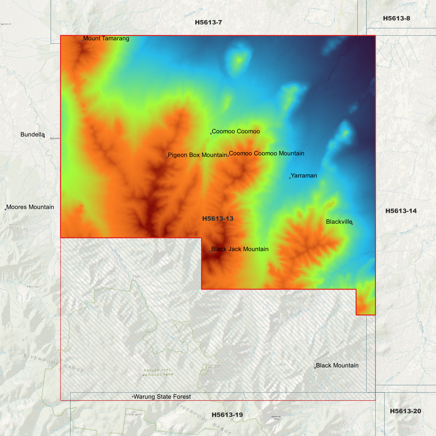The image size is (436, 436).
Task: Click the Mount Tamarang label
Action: tap(106, 39)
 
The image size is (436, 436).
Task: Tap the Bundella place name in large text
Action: tap(32, 135)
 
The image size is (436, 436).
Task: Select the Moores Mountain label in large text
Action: tap(30, 207)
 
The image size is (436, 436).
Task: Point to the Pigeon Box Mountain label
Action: tap(197, 155)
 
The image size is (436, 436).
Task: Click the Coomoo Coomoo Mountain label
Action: tap(266, 153)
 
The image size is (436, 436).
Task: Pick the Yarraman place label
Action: tap(304, 176)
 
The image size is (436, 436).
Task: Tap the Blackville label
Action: tap(339, 222)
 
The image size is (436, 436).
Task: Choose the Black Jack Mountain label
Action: tap(240, 249)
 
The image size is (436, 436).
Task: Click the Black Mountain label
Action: tap(337, 365)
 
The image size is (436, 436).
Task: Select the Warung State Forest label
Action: tap(162, 396)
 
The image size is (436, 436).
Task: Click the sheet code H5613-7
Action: tap(208, 22)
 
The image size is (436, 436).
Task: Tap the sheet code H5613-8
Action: tap(396, 18)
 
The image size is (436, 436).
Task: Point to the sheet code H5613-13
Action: tap(218, 218)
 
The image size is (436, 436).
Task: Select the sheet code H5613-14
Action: tap(401, 211)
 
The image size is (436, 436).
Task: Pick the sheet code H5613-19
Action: tap(227, 415)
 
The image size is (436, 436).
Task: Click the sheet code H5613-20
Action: tap(405, 411)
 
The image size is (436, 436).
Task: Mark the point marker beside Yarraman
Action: tap(290, 178)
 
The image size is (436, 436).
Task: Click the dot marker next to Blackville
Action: tap(352, 224)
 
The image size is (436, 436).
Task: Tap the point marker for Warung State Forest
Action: tap(133, 397)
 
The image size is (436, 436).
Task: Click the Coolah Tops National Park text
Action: tap(158, 372)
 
